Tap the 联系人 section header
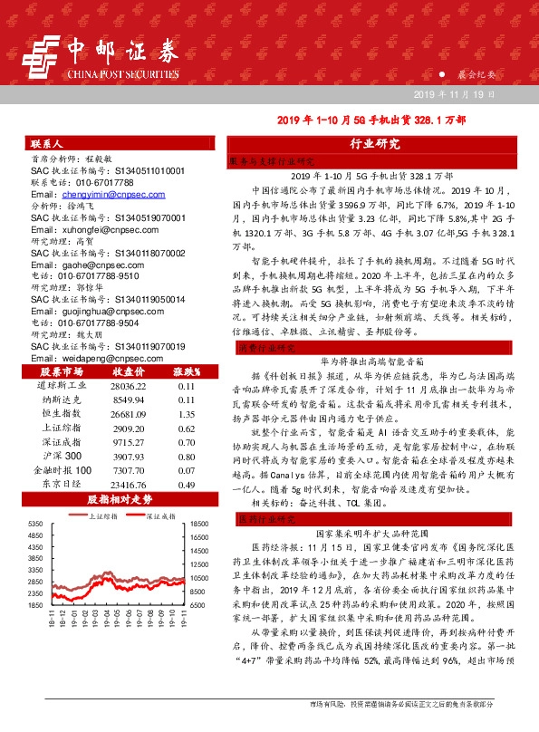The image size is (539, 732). pyautogui.click(x=45, y=144)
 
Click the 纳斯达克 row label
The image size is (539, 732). pyautogui.click(x=59, y=399)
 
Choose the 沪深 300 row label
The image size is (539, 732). pyautogui.click(x=61, y=456)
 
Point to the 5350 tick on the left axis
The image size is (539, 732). pyautogui.click(x=36, y=525)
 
